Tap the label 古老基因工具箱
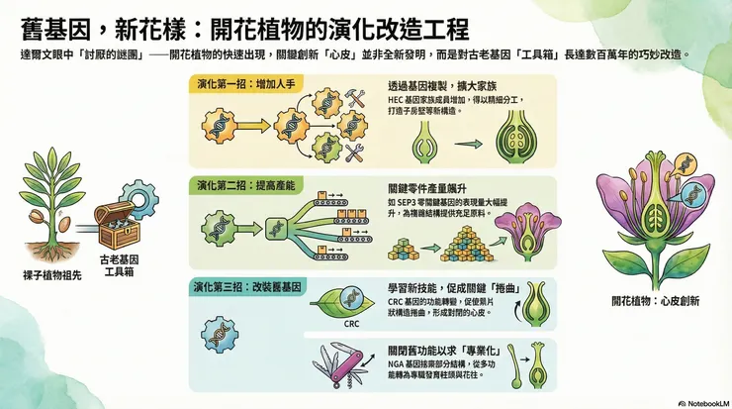(119, 265)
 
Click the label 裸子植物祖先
(52, 275)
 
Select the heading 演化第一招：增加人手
(246, 84)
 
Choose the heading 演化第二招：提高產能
(246, 185)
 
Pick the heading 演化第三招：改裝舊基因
(247, 286)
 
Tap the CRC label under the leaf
(351, 324)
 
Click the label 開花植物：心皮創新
(656, 301)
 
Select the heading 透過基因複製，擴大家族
(442, 86)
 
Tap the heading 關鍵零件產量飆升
(427, 189)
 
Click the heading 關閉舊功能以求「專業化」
(444, 351)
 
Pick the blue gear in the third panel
(220, 335)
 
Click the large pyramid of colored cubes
(466, 245)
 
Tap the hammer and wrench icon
(354, 99)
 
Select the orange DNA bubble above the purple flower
(686, 164)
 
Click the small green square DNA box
(276, 229)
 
